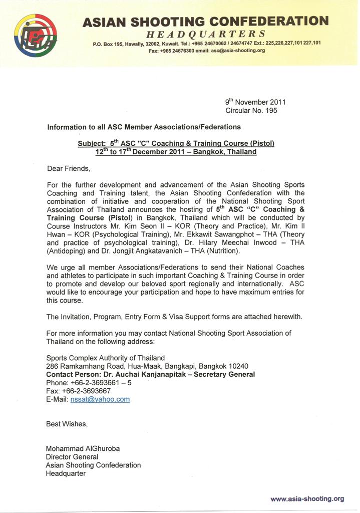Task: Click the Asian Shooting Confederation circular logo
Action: tap(35, 36)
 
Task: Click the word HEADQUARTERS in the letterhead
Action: tap(205, 34)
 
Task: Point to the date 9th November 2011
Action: tap(255, 102)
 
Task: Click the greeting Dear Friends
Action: tap(69, 168)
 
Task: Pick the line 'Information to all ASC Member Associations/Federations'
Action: tap(144, 127)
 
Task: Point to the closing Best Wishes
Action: tap(67, 424)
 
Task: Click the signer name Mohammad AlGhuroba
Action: tap(83, 448)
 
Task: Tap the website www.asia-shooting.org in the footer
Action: tap(307, 498)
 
